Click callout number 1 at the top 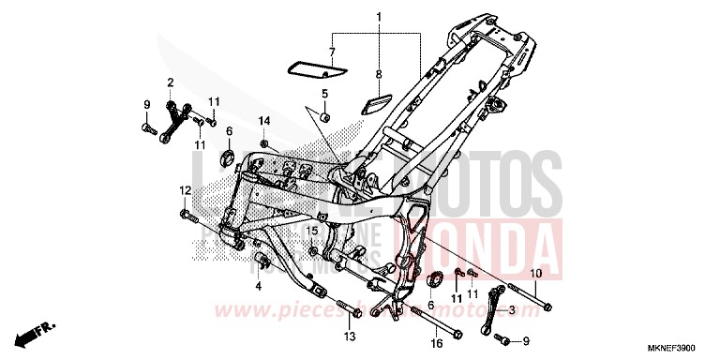click(379, 18)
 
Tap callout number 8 click(379, 73)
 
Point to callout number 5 click(323, 94)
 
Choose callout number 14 click(264, 121)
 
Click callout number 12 click(186, 190)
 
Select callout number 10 click(535, 273)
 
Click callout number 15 click(311, 231)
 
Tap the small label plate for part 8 click(381, 97)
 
